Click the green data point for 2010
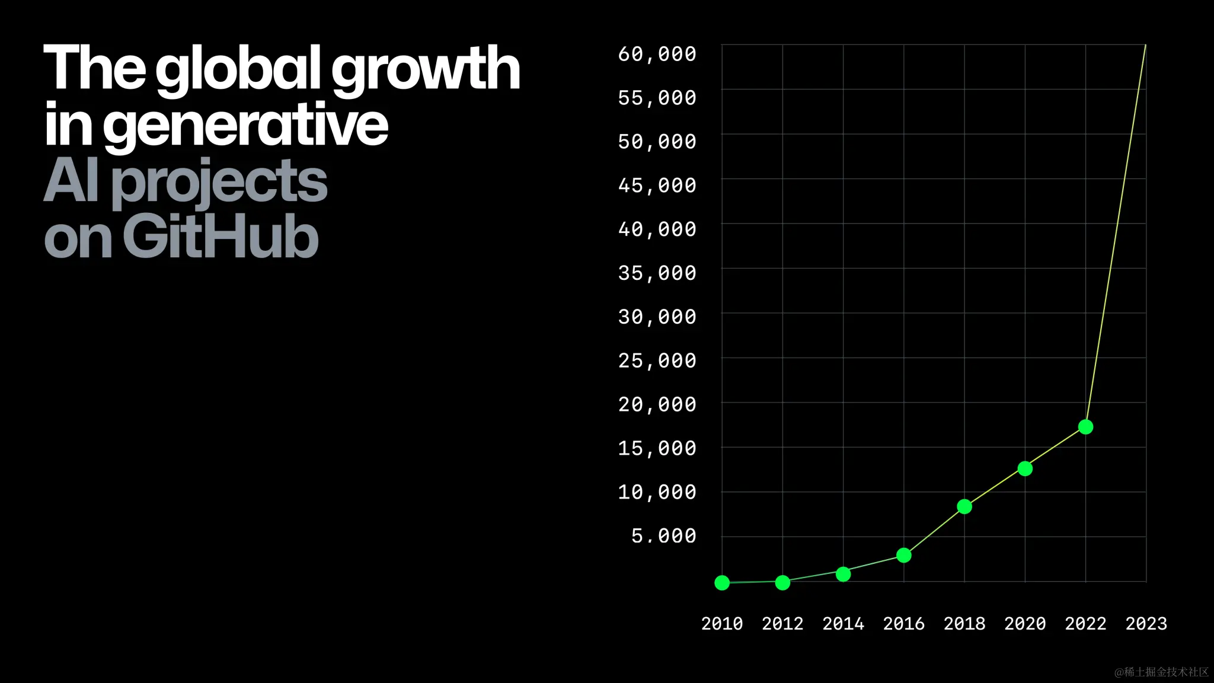722,583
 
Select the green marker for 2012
782,583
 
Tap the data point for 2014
843,574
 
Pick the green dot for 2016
903,556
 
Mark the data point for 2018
964,507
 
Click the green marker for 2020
1025,469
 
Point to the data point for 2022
1085,427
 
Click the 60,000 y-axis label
657,54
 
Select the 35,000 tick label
657,273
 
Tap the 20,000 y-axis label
657,405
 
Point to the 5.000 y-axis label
663,536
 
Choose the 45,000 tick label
657,186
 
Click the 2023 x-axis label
1146,624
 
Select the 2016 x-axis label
903,624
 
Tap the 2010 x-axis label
722,624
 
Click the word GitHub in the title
221,237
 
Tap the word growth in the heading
425,70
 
